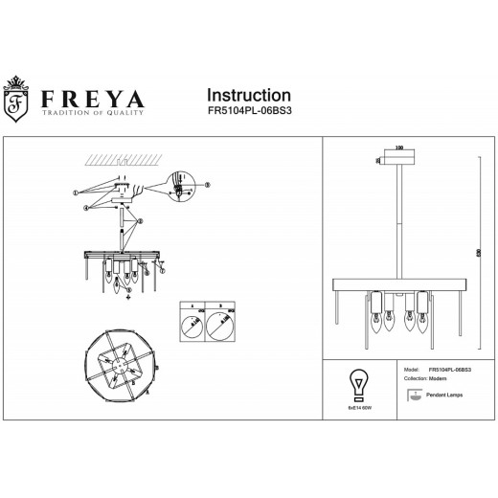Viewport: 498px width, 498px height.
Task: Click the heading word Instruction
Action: pos(249,95)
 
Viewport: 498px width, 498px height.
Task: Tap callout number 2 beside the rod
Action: pos(141,223)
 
